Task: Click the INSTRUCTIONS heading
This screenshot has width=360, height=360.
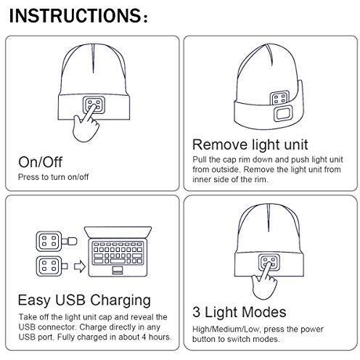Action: click(x=78, y=16)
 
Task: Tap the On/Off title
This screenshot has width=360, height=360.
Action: click(x=41, y=162)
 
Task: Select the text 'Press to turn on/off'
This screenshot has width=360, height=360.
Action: click(x=54, y=177)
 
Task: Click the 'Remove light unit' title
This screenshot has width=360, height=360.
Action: click(x=250, y=145)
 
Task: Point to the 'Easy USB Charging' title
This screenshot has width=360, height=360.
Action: click(x=84, y=300)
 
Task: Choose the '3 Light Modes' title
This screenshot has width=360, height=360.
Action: click(x=240, y=312)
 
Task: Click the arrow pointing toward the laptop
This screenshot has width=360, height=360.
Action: click(x=80, y=267)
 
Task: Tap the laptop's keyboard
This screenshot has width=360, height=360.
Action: click(x=118, y=253)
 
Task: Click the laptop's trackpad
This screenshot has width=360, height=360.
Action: click(x=118, y=270)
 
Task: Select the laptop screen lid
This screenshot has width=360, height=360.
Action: click(x=118, y=232)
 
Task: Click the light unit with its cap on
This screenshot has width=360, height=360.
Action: click(x=57, y=242)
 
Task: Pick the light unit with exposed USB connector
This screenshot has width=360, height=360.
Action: click(x=52, y=266)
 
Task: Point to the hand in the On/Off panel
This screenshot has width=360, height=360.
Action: click(x=86, y=123)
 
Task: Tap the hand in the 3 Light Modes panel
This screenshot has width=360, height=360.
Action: click(x=264, y=281)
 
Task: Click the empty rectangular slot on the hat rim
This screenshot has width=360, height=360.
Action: click(x=282, y=114)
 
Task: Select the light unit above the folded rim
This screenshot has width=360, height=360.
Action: click(x=279, y=98)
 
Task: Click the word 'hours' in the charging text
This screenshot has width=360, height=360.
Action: click(x=160, y=337)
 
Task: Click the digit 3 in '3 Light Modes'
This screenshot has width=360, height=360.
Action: click(x=197, y=312)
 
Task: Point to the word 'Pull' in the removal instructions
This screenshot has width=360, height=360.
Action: click(x=200, y=160)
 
